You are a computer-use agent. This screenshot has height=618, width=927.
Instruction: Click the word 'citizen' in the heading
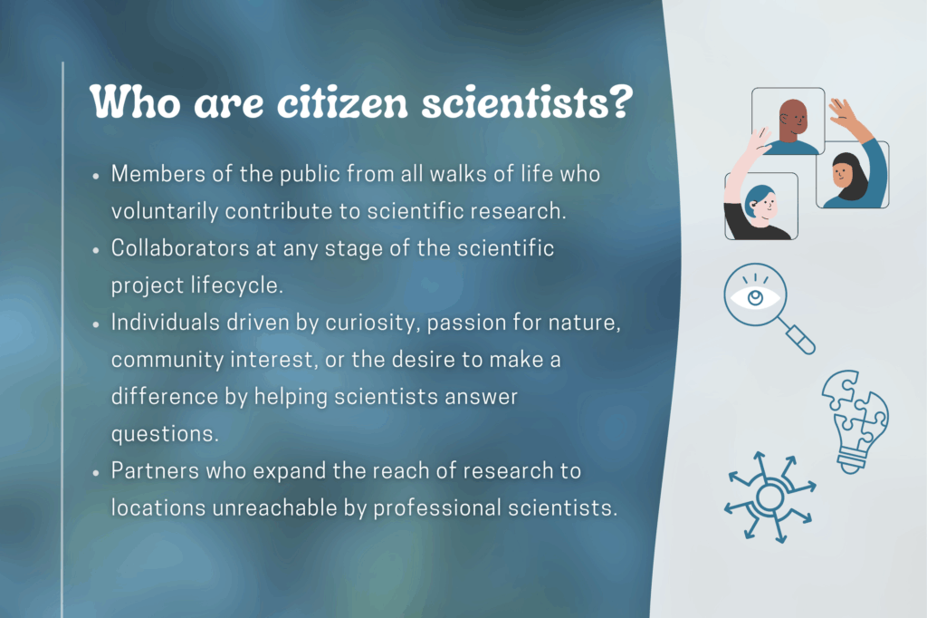[x=343, y=102]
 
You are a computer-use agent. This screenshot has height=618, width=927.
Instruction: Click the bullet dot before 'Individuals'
[x=96, y=324]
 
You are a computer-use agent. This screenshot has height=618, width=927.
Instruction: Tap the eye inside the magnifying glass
[x=755, y=297]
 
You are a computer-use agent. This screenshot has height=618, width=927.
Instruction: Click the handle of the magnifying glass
[x=800, y=340]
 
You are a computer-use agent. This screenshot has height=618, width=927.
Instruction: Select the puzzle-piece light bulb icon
[x=855, y=420]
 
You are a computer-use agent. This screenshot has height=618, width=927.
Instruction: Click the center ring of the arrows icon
[x=769, y=497]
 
